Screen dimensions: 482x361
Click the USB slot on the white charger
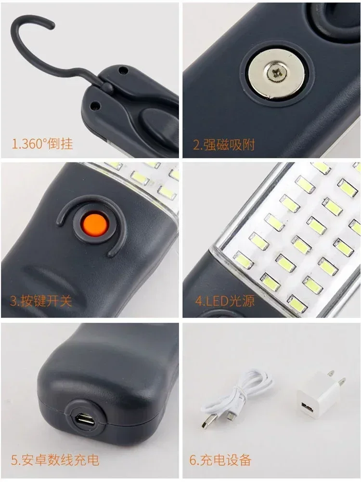(x=308, y=408)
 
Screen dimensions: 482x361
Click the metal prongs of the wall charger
(x=341, y=381)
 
